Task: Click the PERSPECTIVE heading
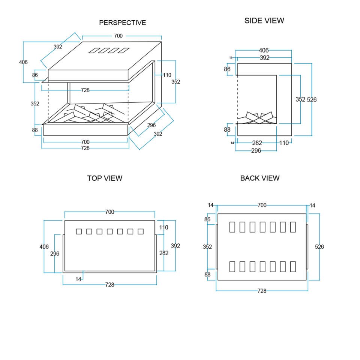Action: pyautogui.click(x=122, y=23)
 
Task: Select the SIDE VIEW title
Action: pyautogui.click(x=264, y=21)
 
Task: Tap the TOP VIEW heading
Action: pyautogui.click(x=105, y=178)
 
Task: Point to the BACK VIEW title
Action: pyautogui.click(x=259, y=178)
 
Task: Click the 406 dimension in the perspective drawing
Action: pyautogui.click(x=23, y=62)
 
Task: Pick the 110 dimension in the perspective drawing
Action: pyautogui.click(x=167, y=75)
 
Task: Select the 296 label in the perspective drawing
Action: pyautogui.click(x=151, y=125)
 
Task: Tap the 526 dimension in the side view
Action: pyautogui.click(x=312, y=100)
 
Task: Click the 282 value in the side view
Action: pyautogui.click(x=257, y=143)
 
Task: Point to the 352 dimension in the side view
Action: pyautogui.click(x=300, y=99)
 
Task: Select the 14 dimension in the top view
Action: pyautogui.click(x=78, y=279)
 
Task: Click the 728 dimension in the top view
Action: pyautogui.click(x=109, y=285)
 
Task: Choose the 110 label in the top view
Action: pyautogui.click(x=163, y=228)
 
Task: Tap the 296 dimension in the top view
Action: pyautogui.click(x=55, y=253)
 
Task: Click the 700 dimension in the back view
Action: pyautogui.click(x=262, y=205)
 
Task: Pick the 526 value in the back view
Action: pyautogui.click(x=319, y=247)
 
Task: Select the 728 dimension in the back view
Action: pyautogui.click(x=262, y=291)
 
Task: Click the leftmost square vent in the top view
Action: pyautogui.click(x=79, y=231)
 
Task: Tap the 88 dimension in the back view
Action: pyautogui.click(x=207, y=274)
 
